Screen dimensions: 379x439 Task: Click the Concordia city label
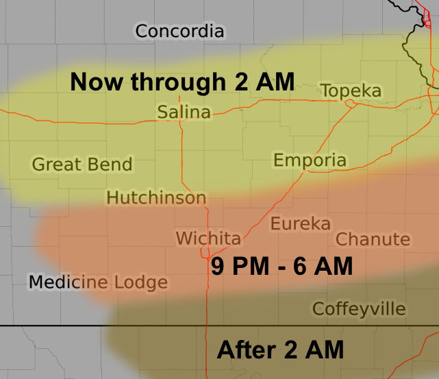click(179, 31)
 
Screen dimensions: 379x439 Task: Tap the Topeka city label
click(351, 91)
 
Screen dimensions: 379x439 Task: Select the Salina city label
click(184, 112)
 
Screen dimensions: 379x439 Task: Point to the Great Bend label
click(82, 164)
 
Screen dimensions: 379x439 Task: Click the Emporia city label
click(310, 160)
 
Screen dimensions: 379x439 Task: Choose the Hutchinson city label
click(156, 198)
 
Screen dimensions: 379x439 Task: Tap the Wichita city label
click(208, 239)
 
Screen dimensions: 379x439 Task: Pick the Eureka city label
click(300, 223)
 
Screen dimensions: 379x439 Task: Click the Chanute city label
click(373, 239)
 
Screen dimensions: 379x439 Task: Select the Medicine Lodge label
click(98, 282)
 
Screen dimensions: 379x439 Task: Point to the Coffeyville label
click(359, 309)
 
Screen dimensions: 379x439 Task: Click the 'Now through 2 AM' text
click(182, 82)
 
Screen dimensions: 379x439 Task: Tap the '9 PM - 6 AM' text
click(281, 266)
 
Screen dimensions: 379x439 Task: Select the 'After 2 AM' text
click(280, 350)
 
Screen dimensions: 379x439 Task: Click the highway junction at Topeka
click(350, 103)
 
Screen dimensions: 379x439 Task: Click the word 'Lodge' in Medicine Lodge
click(140, 282)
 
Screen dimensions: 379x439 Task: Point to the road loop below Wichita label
click(205, 255)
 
